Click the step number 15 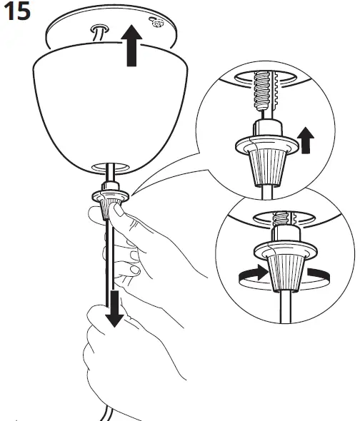[16, 12]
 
